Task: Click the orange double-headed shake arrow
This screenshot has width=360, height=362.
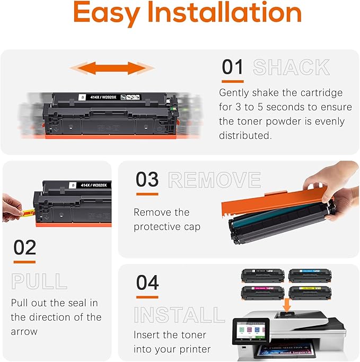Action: pyautogui.click(x=112, y=68)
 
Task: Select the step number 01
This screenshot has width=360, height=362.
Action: pyautogui.click(x=233, y=67)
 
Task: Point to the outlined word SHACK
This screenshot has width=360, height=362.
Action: pyautogui.click(x=291, y=67)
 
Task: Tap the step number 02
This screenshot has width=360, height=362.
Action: pyautogui.click(x=24, y=248)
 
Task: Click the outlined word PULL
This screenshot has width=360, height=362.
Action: pyautogui.click(x=39, y=281)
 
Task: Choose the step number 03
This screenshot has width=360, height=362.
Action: pyautogui.click(x=147, y=180)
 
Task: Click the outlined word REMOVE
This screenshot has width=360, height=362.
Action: pyautogui.click(x=214, y=180)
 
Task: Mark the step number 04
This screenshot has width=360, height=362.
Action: pyautogui.click(x=147, y=282)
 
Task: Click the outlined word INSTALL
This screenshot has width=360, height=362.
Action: pyautogui.click(x=179, y=315)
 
